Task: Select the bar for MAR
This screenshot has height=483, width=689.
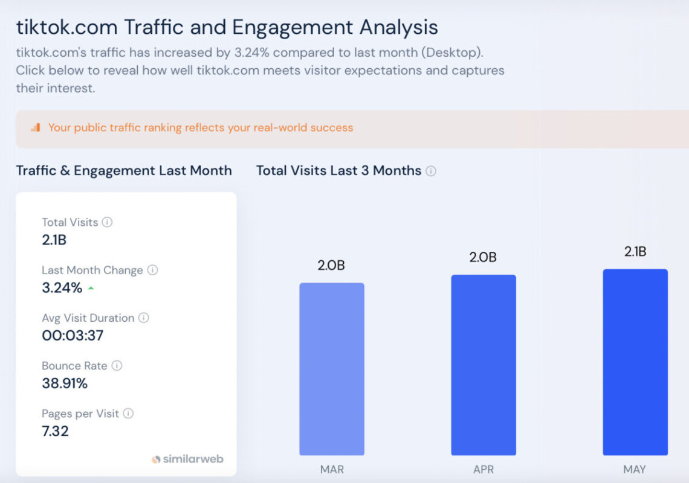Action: [332, 369]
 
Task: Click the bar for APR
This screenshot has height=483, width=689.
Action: [484, 365]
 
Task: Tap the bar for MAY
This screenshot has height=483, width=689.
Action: [635, 362]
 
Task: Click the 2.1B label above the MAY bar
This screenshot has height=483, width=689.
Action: [635, 252]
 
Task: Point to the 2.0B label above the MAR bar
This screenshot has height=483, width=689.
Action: [331, 265]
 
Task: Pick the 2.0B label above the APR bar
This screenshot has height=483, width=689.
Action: [483, 257]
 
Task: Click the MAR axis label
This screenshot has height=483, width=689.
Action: [332, 469]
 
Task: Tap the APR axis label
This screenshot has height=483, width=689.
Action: [484, 469]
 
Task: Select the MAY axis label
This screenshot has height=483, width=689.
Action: [635, 469]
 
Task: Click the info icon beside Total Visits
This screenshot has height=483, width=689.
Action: [107, 222]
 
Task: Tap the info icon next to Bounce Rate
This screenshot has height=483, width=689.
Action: [117, 366]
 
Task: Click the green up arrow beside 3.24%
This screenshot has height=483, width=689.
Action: [91, 288]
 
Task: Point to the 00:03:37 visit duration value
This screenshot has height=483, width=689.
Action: [73, 335]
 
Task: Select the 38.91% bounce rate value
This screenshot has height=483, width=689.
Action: [65, 383]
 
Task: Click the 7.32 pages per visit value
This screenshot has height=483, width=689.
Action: [55, 431]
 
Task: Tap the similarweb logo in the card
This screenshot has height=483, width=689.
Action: [187, 459]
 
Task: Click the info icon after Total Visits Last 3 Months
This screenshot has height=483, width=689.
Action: [431, 171]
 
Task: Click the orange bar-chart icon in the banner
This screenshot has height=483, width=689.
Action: [36, 127]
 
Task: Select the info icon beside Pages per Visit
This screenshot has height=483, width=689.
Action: [128, 414]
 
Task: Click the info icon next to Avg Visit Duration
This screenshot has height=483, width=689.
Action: [144, 318]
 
